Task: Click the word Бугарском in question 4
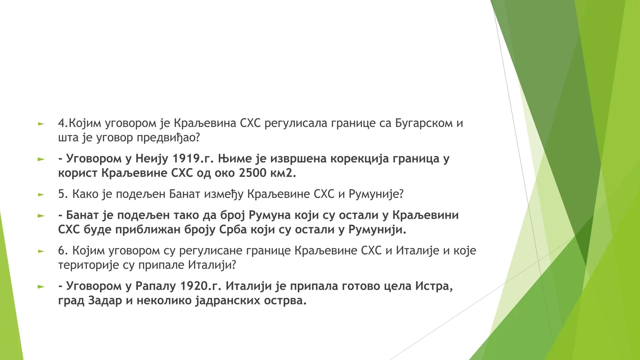pos(422,123)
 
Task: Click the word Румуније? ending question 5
pos(376,194)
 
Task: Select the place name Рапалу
pos(156,286)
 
